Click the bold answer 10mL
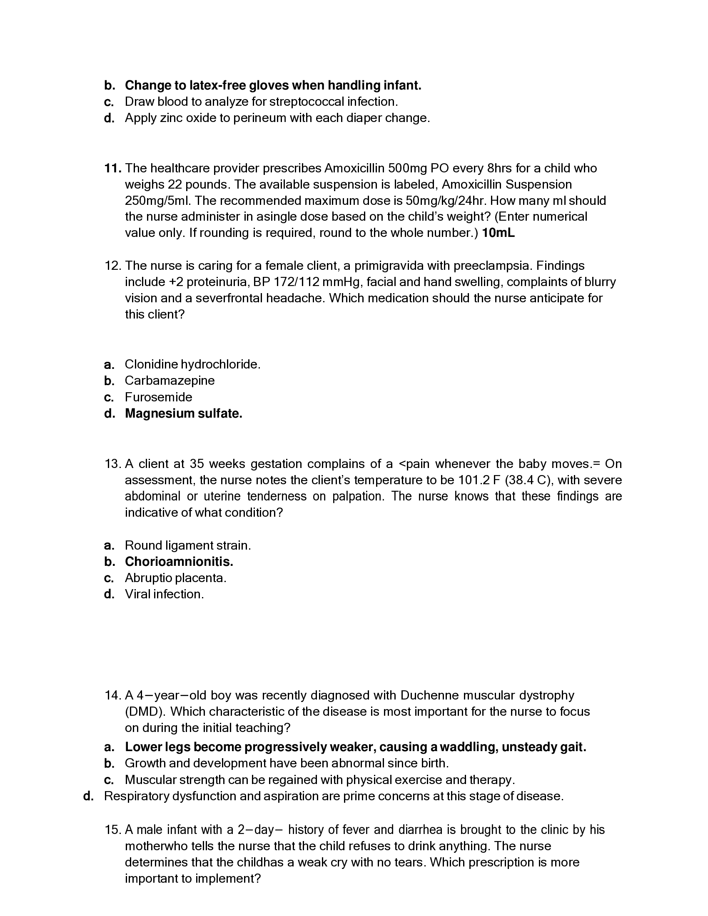[x=498, y=233]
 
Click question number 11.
[x=112, y=168]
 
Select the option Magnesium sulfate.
[x=183, y=413]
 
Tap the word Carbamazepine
[x=170, y=381]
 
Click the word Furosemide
[x=159, y=397]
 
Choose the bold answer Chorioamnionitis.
[x=179, y=562]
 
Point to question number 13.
[x=112, y=464]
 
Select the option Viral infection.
[x=164, y=594]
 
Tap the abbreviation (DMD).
[x=145, y=712]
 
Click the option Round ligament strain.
[x=187, y=545]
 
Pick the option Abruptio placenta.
[x=175, y=578]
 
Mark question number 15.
[x=112, y=830]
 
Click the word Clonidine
[x=151, y=364]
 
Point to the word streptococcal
[x=304, y=102]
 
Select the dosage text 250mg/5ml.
[x=158, y=201]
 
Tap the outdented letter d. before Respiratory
[x=88, y=796]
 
